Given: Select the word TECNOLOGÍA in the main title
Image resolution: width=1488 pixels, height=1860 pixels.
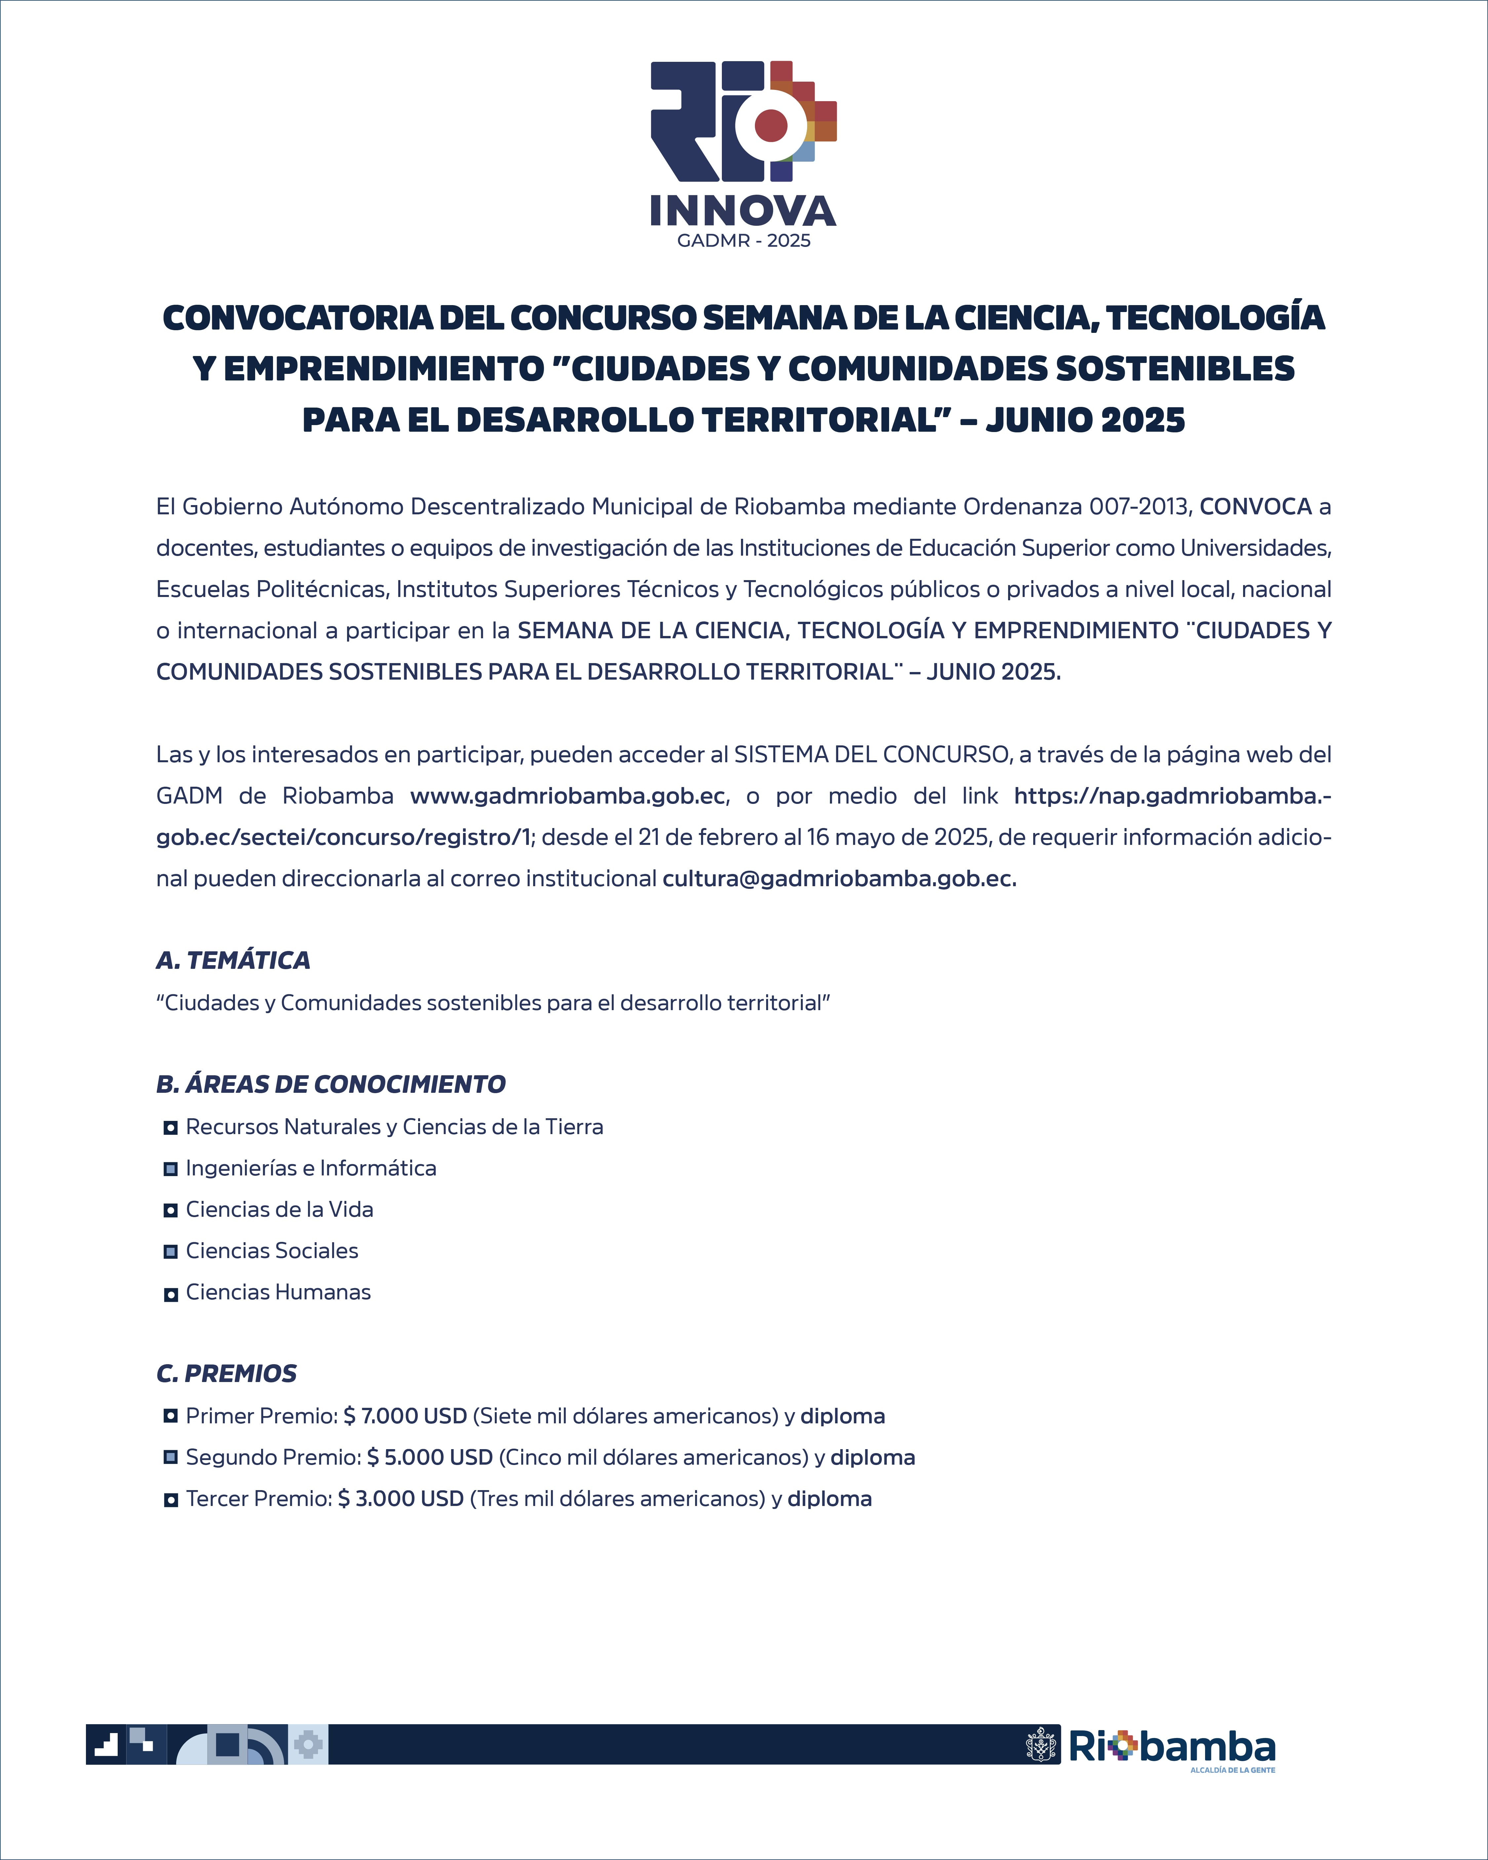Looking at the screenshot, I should coord(1215,317).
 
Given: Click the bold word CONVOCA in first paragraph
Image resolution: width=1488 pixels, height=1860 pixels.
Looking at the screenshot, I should coord(1255,506).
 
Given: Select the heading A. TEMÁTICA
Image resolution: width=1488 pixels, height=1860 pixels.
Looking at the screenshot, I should coord(233,960).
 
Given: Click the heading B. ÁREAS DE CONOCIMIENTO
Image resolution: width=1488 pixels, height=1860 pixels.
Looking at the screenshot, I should coord(331,1085).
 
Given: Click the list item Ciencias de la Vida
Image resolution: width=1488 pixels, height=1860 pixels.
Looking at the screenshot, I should coord(280,1209).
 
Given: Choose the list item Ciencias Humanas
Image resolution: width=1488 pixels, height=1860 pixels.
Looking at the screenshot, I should coord(278,1292).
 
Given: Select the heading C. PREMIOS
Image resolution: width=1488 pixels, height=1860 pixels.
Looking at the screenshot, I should coord(226,1373).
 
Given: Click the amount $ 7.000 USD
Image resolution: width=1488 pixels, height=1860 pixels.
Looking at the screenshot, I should coord(405,1416).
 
